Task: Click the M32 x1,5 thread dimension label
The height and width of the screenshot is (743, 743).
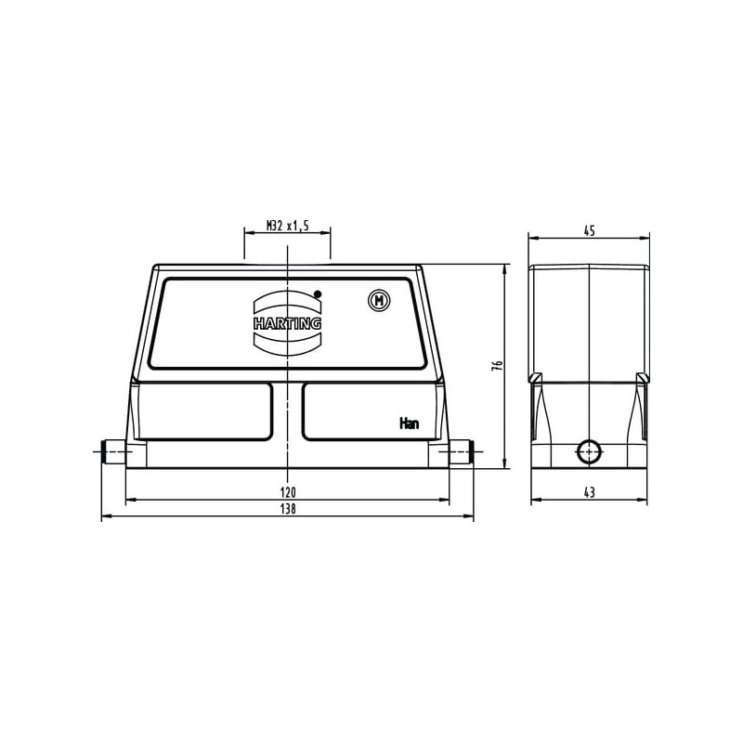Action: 287,226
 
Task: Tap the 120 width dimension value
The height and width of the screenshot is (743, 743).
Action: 288,492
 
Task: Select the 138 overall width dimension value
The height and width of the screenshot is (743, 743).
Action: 288,509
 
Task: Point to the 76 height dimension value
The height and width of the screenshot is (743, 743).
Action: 497,365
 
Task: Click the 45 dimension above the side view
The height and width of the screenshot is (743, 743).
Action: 589,231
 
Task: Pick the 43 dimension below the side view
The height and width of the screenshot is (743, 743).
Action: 589,492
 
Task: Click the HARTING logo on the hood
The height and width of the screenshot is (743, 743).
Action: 288,323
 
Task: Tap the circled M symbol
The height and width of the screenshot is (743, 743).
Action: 379,300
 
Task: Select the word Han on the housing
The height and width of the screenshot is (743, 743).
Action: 409,424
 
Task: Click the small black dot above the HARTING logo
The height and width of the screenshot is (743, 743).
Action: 318,293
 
